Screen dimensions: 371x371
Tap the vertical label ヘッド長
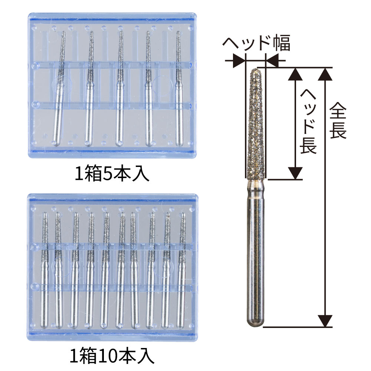click(x=308, y=121)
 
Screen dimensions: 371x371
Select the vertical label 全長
click(x=338, y=121)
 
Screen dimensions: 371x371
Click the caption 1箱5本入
click(x=112, y=173)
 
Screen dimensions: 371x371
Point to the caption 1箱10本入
click(x=112, y=357)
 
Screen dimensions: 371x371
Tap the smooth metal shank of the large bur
click(x=256, y=253)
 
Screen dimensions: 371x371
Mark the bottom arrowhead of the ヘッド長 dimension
click(x=295, y=173)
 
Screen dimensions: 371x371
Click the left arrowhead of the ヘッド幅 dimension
click(x=239, y=60)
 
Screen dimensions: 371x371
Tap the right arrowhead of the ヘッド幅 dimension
click(x=272, y=60)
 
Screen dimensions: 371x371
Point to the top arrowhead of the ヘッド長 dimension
click(x=295, y=74)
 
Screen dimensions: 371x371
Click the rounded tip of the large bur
click(x=256, y=70)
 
